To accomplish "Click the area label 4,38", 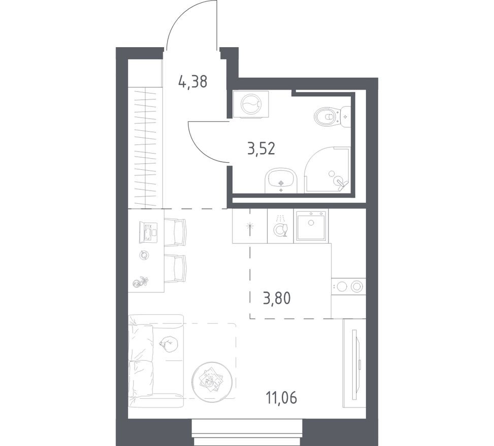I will click(x=192, y=81).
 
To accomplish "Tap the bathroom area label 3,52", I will click(x=260, y=150).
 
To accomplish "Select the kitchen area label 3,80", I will click(x=276, y=299).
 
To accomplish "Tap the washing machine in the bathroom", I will click(x=251, y=105).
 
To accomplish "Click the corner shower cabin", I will click(x=329, y=170).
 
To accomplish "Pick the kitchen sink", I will click(x=311, y=225).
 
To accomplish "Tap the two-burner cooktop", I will click(x=349, y=287).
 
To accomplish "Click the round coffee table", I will click(x=212, y=378).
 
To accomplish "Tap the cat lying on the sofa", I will click(x=168, y=344).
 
